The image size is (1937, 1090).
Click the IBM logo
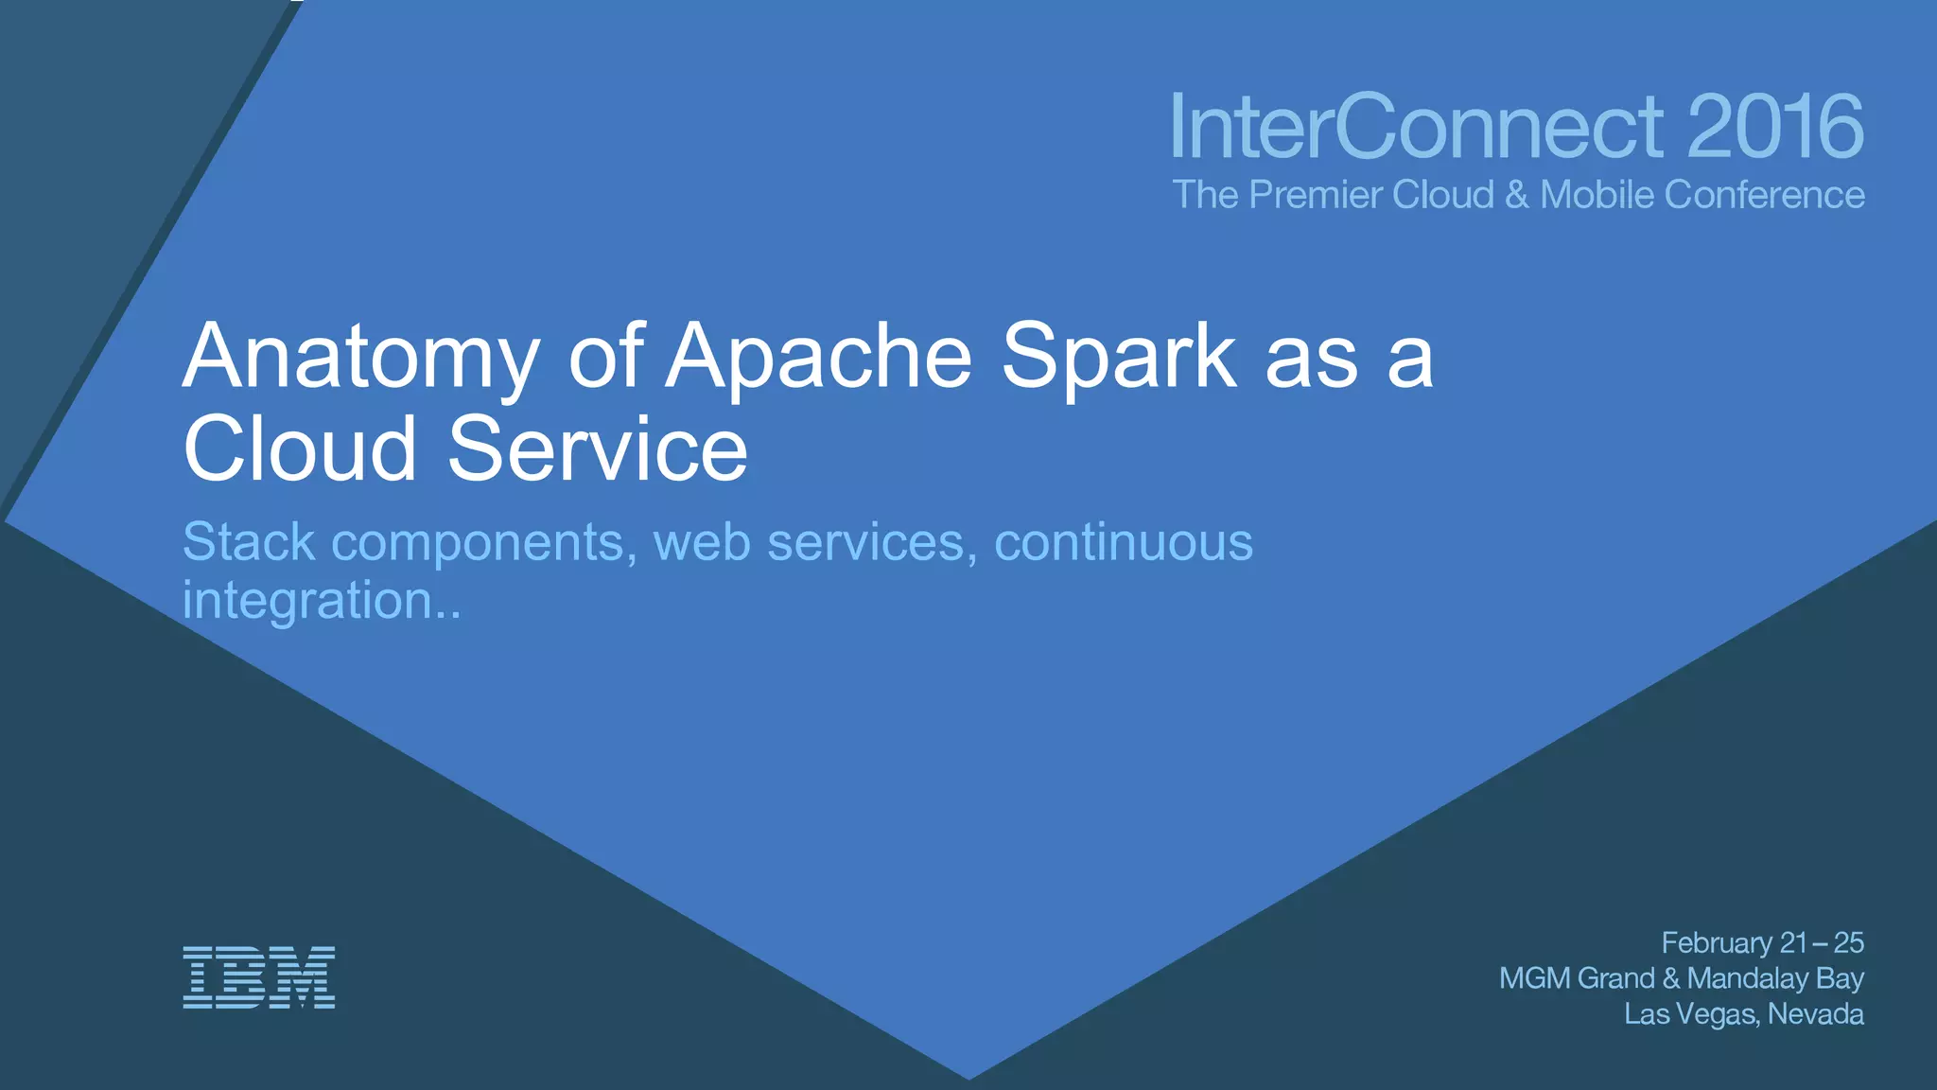(258, 976)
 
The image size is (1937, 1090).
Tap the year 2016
(1774, 127)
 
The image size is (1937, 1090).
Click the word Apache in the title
(818, 358)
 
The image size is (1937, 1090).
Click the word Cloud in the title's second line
(300, 448)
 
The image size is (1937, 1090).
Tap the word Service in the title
(597, 448)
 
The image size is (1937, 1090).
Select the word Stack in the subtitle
(249, 541)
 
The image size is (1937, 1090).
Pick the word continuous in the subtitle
(1124, 541)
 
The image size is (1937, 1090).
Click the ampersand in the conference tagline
(1517, 195)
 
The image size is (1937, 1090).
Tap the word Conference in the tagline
(1764, 195)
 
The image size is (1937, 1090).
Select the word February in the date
(1717, 943)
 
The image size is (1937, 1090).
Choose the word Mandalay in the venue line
(1747, 978)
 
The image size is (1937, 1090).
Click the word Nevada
(1815, 1014)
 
